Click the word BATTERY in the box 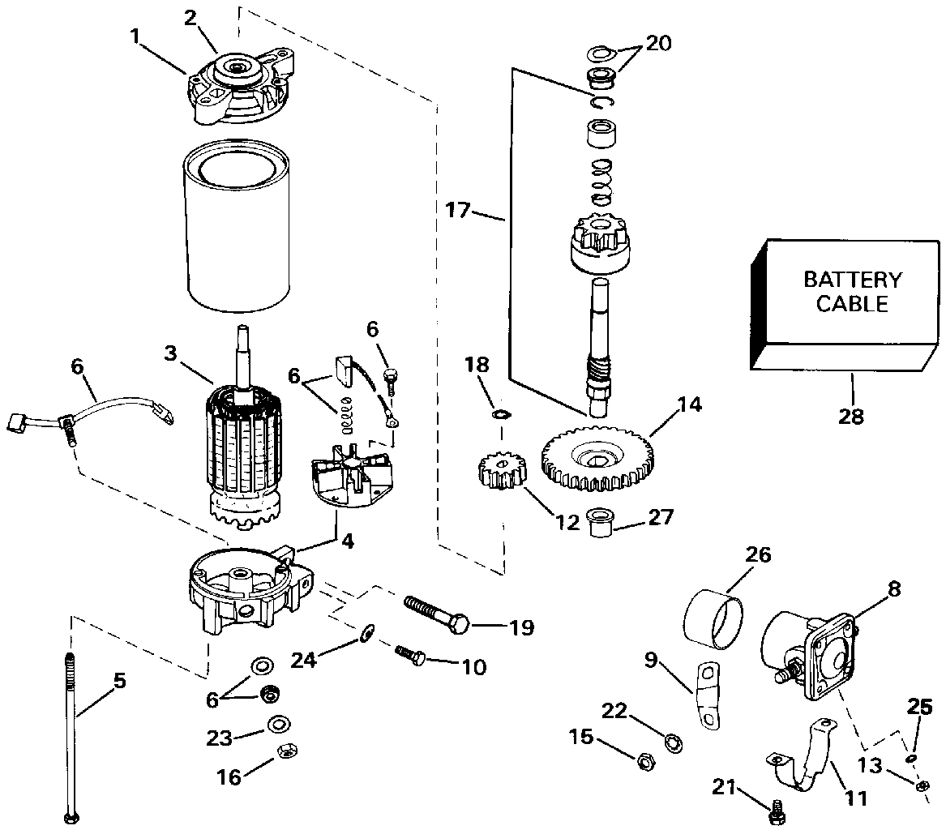pos(852,280)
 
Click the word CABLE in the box pos(852,305)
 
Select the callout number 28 pos(851,417)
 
